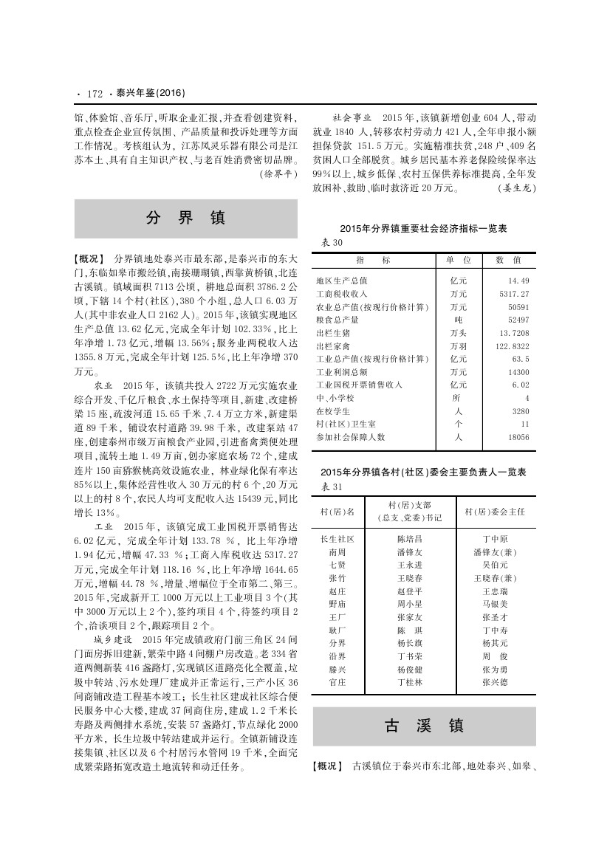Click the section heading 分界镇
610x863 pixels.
(x=185, y=218)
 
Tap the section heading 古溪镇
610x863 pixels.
(x=424, y=726)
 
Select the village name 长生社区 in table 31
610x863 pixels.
(x=337, y=539)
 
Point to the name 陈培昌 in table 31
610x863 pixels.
(x=410, y=539)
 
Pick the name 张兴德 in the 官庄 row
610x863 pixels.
(x=495, y=683)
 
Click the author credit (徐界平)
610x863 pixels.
(x=277, y=175)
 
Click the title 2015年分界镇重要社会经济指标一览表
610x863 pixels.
(x=423, y=230)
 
